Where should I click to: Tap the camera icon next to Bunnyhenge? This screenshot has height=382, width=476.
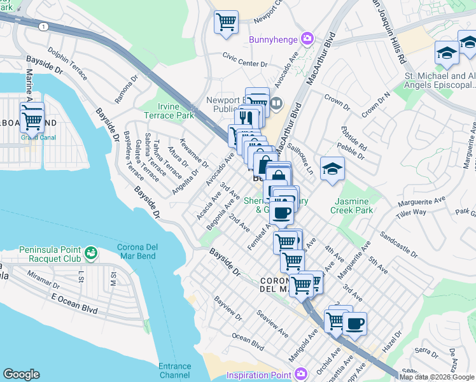(x=307, y=39)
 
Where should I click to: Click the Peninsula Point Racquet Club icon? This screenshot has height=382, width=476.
(x=91, y=253)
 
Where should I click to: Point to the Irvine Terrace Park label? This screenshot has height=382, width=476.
(x=175, y=111)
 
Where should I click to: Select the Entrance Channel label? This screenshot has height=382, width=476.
(x=174, y=371)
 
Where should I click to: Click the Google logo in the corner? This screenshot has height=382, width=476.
(x=21, y=374)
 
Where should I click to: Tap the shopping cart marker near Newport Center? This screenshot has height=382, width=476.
(x=226, y=22)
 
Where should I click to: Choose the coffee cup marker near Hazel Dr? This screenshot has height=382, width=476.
(x=354, y=323)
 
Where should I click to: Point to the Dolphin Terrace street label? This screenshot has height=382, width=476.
(x=67, y=62)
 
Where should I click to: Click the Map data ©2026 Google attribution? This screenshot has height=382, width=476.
(x=437, y=377)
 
